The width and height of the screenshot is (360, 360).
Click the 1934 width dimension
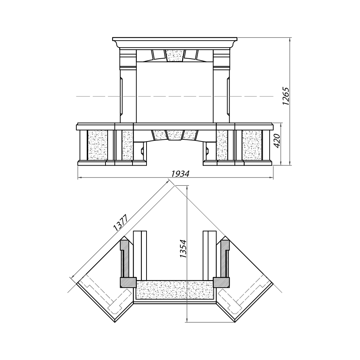[x=180, y=174]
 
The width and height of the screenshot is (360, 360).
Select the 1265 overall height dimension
[x=286, y=96]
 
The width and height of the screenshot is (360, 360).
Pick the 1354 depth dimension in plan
[x=183, y=248]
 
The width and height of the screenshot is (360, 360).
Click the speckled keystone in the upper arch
[x=175, y=56]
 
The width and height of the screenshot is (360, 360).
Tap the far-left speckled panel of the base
[x=98, y=145]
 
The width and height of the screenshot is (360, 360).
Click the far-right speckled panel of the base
[x=252, y=145]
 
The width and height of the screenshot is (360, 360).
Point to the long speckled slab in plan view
[x=175, y=290]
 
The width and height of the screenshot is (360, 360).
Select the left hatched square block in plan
[x=128, y=282]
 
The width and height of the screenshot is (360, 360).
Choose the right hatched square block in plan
[x=221, y=282]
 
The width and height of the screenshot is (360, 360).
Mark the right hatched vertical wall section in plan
[x=225, y=258]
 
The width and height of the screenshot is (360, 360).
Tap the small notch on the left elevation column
[x=121, y=96]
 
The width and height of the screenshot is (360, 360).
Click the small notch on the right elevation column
[x=228, y=96]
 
